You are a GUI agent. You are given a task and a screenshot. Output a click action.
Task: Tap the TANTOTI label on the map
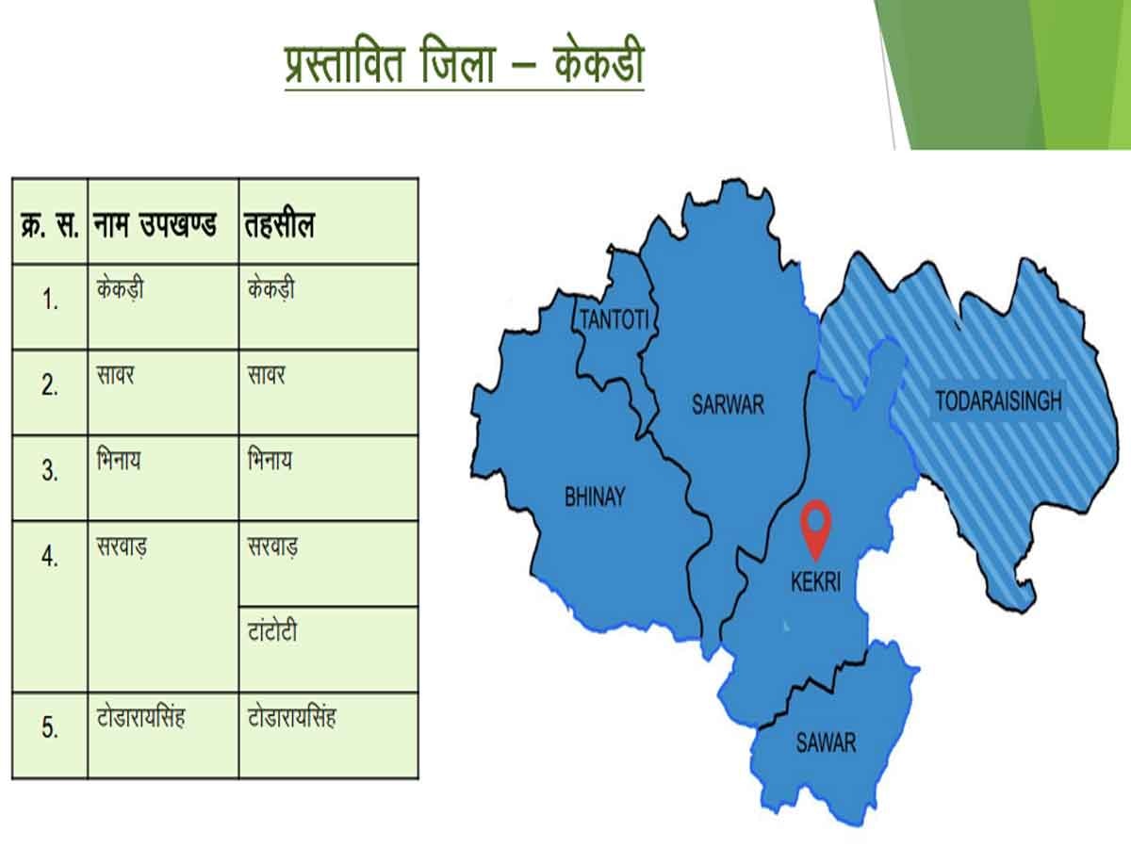(614, 319)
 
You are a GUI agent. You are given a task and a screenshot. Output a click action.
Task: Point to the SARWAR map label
(728, 406)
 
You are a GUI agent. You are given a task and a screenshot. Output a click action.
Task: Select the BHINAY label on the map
(594, 497)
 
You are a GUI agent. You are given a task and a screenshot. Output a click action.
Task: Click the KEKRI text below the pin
(815, 584)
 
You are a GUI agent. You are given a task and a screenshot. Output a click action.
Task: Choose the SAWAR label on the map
(826, 742)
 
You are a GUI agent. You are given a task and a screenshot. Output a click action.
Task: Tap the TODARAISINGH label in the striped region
(998, 401)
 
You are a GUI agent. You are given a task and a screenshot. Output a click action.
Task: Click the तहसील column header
(280, 225)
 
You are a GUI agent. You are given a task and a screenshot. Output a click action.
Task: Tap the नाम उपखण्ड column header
(156, 225)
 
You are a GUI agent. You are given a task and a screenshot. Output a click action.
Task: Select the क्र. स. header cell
(50, 226)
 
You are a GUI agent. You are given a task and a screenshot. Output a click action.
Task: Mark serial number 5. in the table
(50, 729)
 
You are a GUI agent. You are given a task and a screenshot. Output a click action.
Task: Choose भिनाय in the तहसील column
(269, 461)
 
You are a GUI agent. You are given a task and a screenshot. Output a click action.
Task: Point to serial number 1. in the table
(50, 301)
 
